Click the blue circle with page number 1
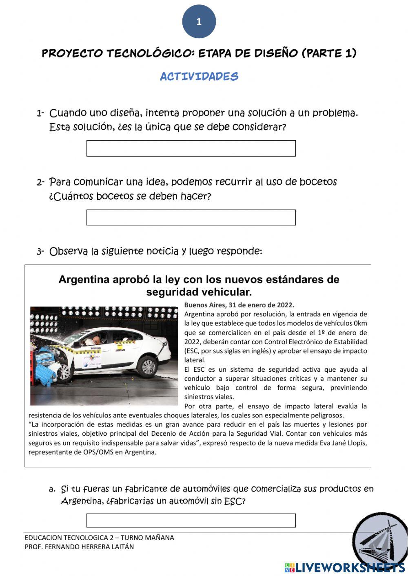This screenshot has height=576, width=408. click(x=199, y=22)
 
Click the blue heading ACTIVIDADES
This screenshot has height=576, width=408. click(x=199, y=76)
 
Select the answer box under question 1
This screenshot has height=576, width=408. click(x=191, y=148)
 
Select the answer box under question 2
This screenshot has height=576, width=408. click(x=191, y=217)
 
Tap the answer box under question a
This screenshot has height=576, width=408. click(x=191, y=520)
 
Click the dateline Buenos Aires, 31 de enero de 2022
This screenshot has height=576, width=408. click(x=239, y=305)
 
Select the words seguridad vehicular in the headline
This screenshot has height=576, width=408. click(x=199, y=292)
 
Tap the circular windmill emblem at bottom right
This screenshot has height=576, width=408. click(x=379, y=540)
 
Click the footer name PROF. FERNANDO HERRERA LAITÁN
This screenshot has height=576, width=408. click(x=79, y=547)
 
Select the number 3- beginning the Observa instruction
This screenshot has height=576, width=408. click(x=40, y=252)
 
